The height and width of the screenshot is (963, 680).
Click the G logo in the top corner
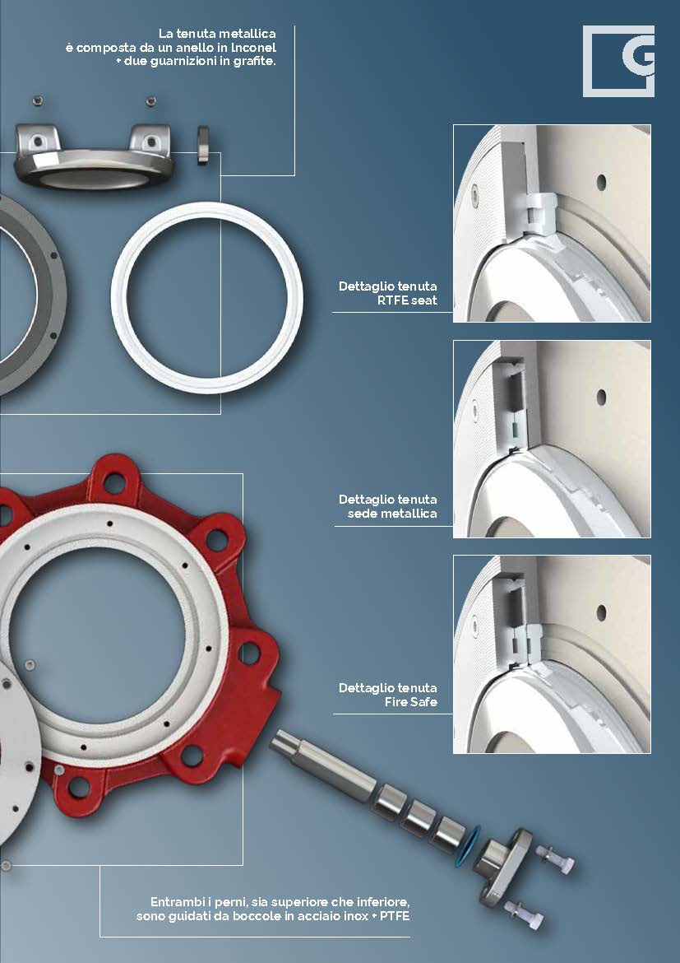(x=618, y=61)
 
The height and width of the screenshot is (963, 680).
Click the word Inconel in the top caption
(x=253, y=47)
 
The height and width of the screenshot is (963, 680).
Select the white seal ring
(x=207, y=297)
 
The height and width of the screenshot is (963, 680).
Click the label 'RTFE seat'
(x=407, y=300)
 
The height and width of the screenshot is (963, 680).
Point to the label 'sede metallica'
(x=392, y=514)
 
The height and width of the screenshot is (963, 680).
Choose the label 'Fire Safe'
(x=410, y=702)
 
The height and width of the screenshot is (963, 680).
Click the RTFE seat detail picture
(x=552, y=224)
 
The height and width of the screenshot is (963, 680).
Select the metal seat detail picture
(x=552, y=440)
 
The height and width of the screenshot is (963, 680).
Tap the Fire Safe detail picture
(x=552, y=654)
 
